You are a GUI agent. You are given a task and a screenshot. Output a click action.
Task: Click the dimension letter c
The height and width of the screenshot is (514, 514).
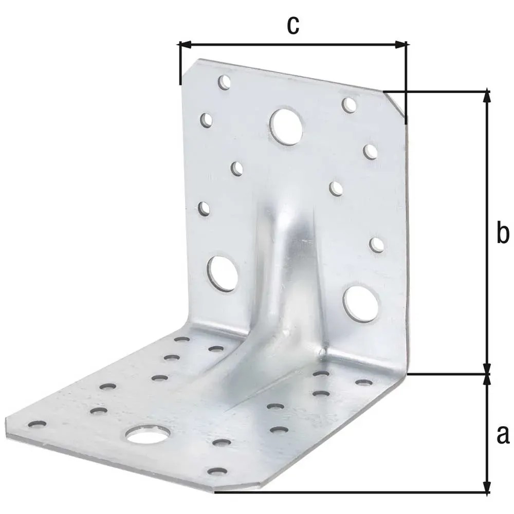tap(293, 26)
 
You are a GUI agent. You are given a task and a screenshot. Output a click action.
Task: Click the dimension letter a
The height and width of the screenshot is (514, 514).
tap(503, 435)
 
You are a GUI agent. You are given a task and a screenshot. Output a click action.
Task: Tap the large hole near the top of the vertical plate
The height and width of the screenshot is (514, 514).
tap(286, 126)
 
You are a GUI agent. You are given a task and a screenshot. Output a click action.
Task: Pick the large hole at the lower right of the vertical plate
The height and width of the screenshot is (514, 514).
tap(361, 304)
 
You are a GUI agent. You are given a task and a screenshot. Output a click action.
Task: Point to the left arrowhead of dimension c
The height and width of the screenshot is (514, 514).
tap(184, 45)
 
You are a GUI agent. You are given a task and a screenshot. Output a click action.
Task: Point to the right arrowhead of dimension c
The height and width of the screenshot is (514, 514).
tap(400, 45)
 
